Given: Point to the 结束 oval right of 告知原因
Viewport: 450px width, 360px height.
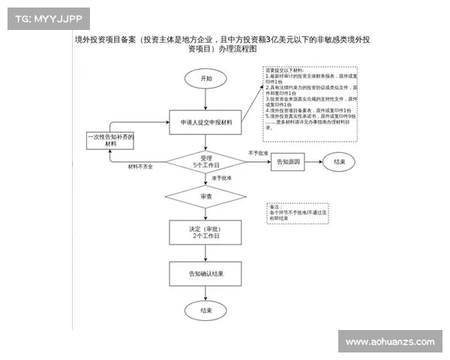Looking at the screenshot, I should (x=339, y=161).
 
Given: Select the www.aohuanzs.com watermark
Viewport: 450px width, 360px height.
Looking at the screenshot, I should (x=390, y=342).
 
